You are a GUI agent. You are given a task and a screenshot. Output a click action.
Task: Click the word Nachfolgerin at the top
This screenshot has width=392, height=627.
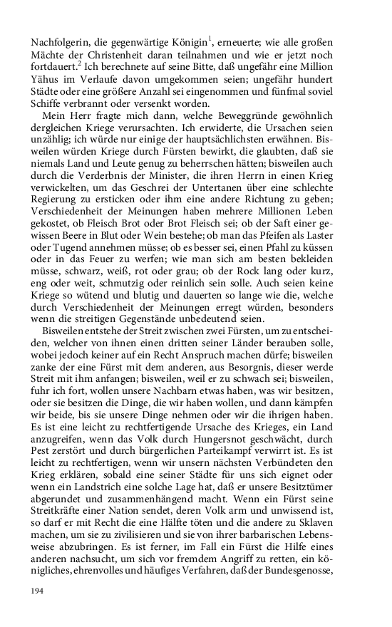pos(60,41)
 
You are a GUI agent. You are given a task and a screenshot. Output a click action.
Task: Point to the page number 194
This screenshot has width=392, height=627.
pos(38,591)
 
